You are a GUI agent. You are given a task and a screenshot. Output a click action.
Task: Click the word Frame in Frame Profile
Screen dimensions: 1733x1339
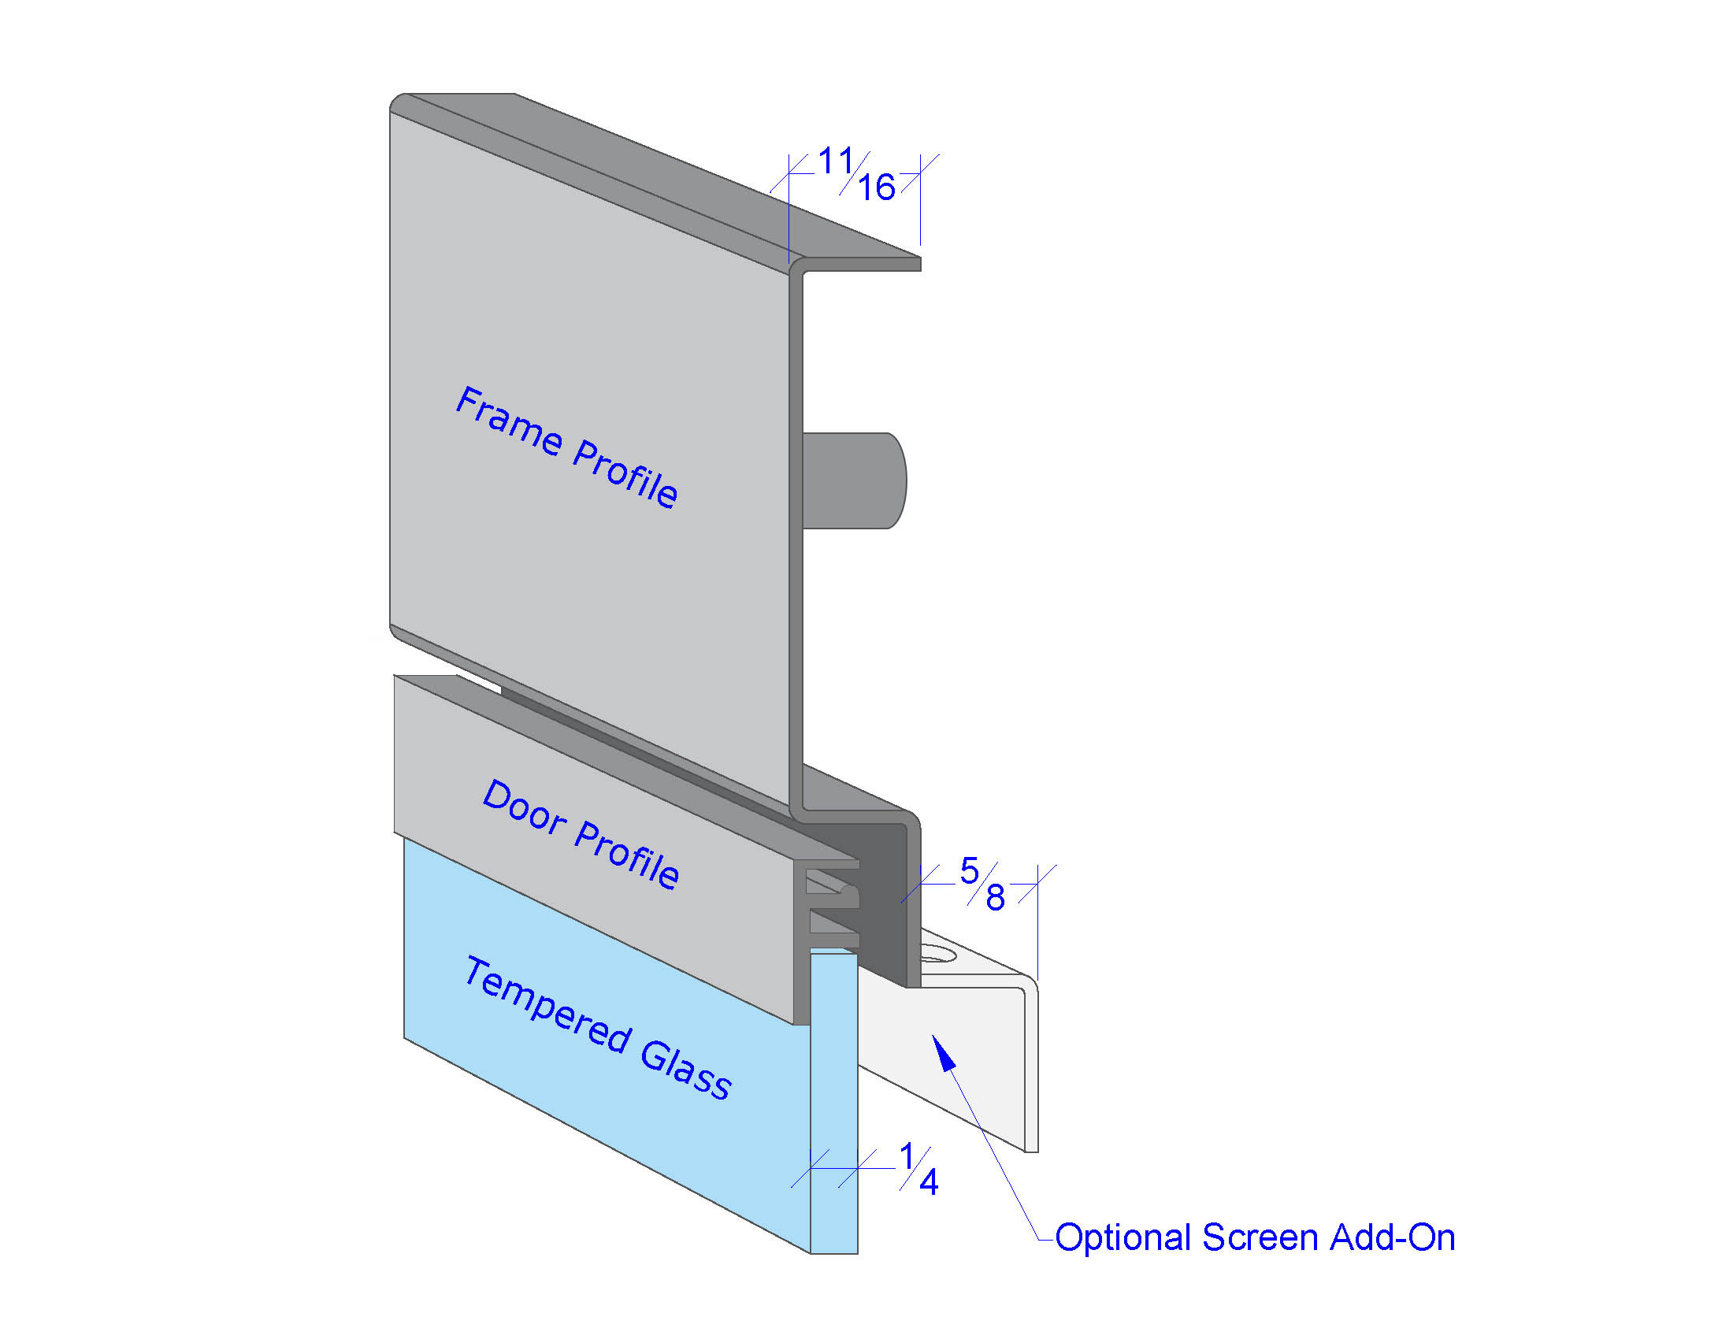509,422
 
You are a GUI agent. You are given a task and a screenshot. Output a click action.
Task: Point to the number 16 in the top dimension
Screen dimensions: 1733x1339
877,188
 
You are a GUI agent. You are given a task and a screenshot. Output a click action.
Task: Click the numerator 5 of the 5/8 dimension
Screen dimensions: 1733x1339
969,871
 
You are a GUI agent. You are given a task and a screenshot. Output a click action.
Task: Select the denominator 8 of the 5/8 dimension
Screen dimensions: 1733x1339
995,898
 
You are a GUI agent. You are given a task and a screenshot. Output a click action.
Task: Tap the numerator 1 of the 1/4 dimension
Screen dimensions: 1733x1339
907,1156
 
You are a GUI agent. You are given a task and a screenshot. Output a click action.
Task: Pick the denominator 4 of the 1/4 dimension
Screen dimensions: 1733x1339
929,1184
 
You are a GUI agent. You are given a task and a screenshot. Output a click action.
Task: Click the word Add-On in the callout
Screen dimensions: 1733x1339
1393,1237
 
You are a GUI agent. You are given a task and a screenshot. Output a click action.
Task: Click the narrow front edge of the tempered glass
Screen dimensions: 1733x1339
834,1103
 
